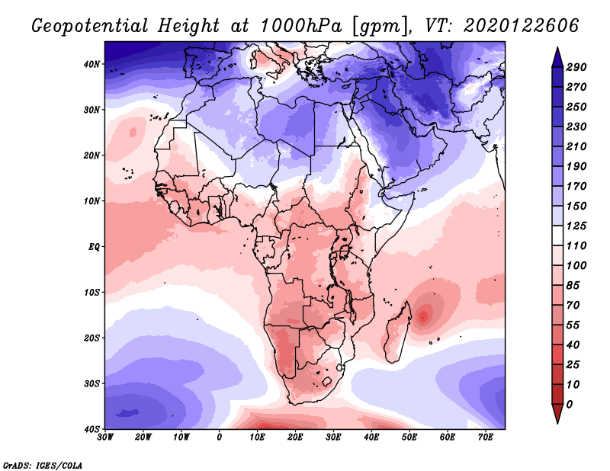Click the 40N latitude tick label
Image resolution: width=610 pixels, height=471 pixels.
tap(92, 64)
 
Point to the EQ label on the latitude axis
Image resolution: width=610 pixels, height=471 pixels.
tap(94, 247)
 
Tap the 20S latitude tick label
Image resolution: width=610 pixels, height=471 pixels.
tap(92, 338)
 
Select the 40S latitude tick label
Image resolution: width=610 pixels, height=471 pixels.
tap(92, 429)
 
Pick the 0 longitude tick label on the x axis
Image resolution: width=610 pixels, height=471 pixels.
tap(220, 437)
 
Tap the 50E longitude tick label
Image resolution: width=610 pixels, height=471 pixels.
tap(409, 437)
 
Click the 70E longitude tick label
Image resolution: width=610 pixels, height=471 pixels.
tap(486, 437)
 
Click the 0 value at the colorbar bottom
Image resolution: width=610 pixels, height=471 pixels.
tap(570, 404)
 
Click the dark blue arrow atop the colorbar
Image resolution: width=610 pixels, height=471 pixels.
tap(557, 56)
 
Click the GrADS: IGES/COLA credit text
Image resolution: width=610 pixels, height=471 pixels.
tap(42, 464)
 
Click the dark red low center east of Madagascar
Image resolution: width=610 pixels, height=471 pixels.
tap(424, 313)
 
